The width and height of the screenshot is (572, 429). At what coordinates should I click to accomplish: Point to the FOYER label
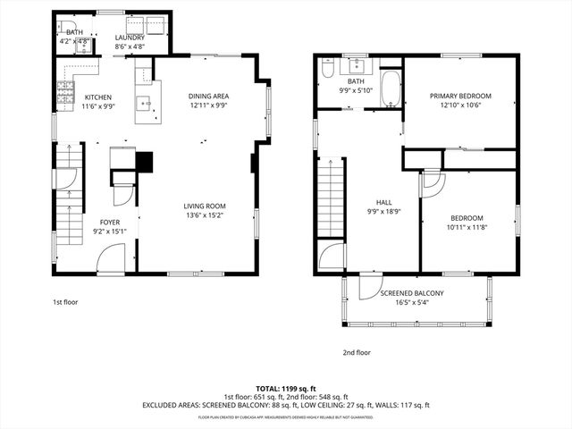pos(110,222)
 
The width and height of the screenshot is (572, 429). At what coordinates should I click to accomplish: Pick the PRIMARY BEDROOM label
pos(460,96)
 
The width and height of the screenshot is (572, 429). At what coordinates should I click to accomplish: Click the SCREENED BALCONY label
pos(411,293)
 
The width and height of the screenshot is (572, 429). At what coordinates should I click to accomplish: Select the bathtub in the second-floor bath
pos(391,89)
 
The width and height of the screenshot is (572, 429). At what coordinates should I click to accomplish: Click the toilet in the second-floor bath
pos(328,69)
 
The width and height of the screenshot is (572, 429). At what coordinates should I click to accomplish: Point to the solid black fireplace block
pos(144,162)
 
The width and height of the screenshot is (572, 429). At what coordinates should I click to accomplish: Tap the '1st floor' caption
pos(64,302)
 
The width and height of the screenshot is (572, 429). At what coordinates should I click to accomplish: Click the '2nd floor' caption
pos(357,352)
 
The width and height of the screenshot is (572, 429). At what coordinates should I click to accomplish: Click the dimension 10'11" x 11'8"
pos(467,227)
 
